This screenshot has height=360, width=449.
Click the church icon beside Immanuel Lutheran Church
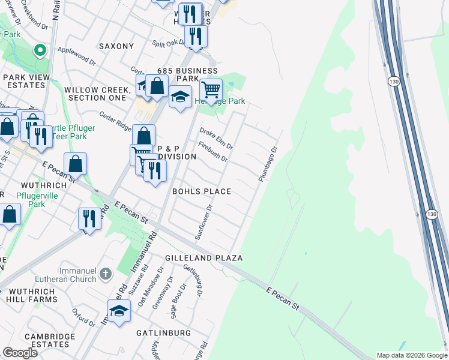105,274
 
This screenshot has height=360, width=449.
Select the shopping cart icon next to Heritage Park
211,90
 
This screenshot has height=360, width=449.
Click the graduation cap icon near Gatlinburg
119,310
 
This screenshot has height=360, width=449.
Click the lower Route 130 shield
432,214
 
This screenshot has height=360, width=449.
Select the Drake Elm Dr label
216,139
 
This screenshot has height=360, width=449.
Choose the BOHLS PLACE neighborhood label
202,191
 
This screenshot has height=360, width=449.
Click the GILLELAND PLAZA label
203,258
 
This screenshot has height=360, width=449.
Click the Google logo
20,353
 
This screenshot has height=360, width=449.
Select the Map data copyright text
411,355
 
